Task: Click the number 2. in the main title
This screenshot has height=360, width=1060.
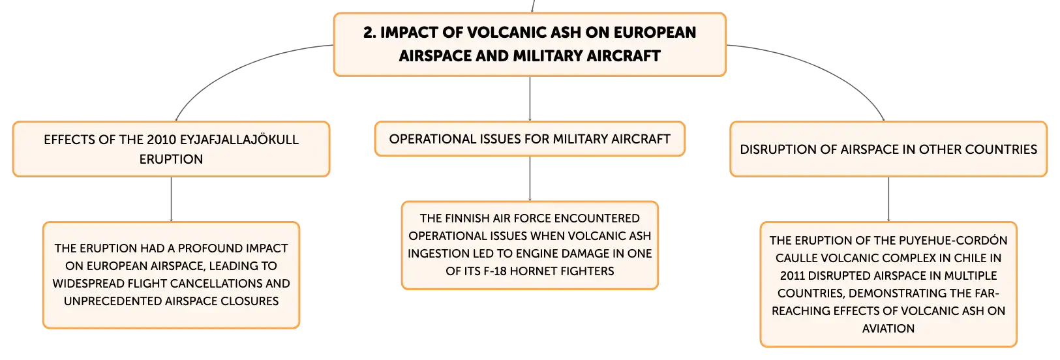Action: point(370,32)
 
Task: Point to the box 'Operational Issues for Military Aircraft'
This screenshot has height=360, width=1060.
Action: point(530,139)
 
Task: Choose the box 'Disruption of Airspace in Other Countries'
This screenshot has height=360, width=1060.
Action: point(888,149)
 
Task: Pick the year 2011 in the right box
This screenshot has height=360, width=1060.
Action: point(792,275)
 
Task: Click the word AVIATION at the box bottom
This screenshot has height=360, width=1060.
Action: point(888,328)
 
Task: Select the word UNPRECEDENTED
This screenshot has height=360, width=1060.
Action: point(125,301)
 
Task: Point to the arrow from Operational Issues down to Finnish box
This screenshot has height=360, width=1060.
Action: point(530,179)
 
